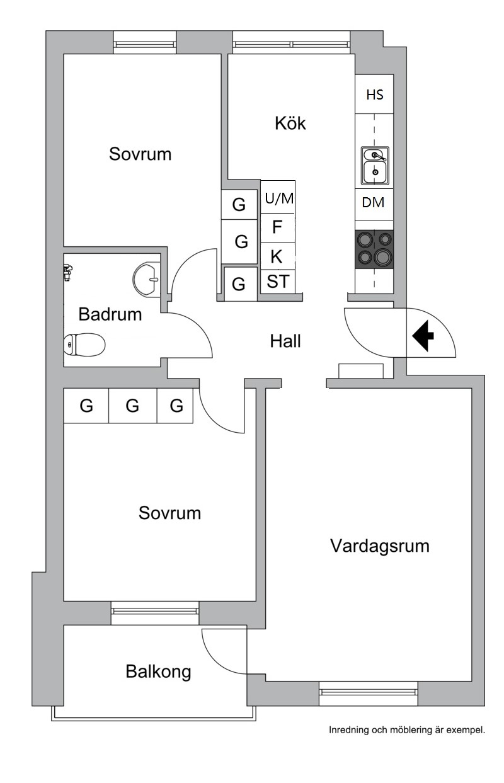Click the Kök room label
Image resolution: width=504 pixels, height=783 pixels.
290,123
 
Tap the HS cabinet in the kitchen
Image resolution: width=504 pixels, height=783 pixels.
375,94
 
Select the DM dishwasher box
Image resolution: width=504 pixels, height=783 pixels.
374,203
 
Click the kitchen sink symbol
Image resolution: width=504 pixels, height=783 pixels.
375,164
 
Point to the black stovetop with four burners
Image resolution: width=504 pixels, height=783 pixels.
374,249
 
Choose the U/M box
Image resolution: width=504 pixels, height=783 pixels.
278,198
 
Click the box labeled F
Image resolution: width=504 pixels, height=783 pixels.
277,227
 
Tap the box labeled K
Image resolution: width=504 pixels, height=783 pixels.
277,256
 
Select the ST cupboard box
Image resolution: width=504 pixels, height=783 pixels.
277,282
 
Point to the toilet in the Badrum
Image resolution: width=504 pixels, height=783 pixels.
84,344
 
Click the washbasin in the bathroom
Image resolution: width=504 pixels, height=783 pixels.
147,278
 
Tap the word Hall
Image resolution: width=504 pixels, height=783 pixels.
285,341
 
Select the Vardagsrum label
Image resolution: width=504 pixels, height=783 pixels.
380,546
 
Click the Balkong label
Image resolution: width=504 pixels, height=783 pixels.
158,672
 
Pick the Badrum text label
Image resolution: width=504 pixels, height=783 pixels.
110,314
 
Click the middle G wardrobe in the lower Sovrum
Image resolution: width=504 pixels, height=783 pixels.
132,406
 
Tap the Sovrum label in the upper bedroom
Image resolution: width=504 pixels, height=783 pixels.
140,154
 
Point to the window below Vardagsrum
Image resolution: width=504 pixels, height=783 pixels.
369,693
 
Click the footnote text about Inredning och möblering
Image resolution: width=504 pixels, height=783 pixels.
407,731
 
